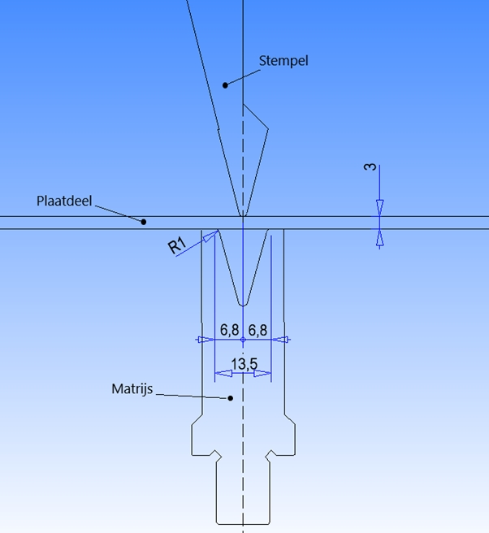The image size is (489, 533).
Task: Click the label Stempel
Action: [283, 61]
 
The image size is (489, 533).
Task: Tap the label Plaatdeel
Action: [64, 201]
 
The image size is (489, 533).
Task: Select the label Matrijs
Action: [132, 389]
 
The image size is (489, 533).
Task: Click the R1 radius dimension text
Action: [177, 245]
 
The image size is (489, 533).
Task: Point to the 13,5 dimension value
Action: [244, 364]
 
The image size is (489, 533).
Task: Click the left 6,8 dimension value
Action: [229, 330]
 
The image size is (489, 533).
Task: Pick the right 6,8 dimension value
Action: [257, 330]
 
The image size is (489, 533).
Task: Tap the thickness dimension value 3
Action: [370, 167]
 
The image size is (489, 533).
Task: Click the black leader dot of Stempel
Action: [225, 85]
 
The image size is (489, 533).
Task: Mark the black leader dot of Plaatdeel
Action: [144, 222]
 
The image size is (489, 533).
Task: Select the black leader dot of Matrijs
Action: [231, 398]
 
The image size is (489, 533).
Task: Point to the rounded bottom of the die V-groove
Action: [243, 305]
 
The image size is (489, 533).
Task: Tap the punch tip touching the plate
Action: [243, 215]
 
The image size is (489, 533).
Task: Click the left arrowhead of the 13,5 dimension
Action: [223, 374]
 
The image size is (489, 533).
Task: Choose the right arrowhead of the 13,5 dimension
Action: [262, 374]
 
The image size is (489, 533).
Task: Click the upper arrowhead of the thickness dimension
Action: [379, 208]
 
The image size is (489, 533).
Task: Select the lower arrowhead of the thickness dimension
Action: [379, 237]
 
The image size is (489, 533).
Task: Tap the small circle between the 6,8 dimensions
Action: [243, 340]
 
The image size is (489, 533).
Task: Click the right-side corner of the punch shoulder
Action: [268, 129]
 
